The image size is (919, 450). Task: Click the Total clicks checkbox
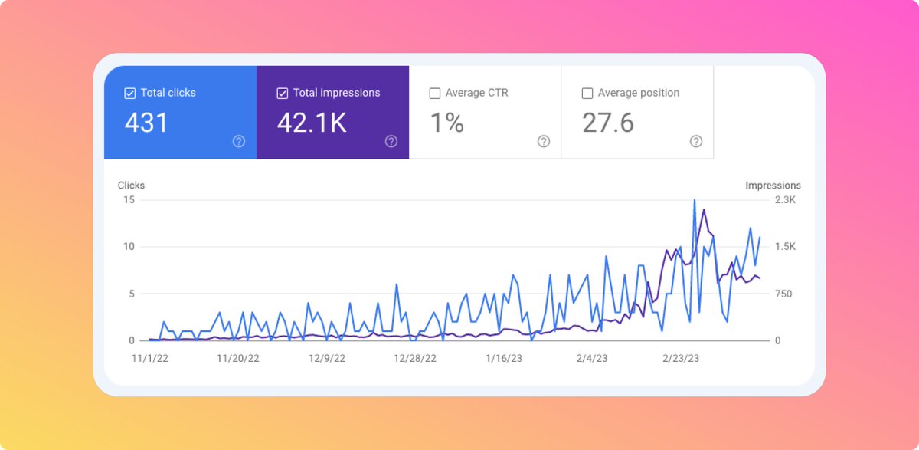[130, 94]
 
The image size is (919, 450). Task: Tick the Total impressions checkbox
[283, 94]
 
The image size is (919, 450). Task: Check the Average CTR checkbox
[435, 94]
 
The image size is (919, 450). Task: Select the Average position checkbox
[587, 94]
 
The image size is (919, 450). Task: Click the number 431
[146, 123]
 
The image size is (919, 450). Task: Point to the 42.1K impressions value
[312, 123]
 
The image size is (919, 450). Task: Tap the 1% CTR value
[447, 123]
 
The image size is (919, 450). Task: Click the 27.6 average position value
[608, 123]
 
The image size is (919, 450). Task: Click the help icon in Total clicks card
[239, 141]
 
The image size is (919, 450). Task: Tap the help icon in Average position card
[696, 141]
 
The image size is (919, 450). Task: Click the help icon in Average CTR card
[544, 141]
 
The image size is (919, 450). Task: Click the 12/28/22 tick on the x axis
[415, 358]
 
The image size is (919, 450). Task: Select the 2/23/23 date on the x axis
[680, 358]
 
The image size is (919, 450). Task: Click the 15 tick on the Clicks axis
[129, 200]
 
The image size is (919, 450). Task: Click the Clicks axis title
[131, 186]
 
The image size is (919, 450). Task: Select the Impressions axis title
[773, 186]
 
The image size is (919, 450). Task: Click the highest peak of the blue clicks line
[695, 200]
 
